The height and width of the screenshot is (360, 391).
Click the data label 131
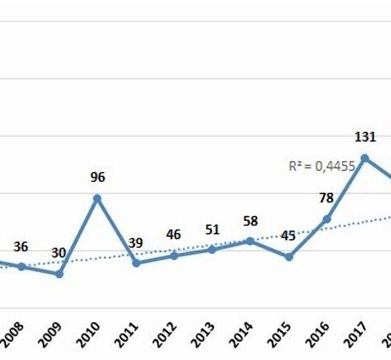click(x=365, y=137)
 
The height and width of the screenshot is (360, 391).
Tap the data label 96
click(x=98, y=178)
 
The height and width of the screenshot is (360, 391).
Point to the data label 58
click(x=250, y=220)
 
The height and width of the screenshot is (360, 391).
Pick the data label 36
click(x=21, y=247)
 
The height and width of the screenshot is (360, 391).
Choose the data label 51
click(x=212, y=229)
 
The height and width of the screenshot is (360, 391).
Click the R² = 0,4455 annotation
click(x=322, y=166)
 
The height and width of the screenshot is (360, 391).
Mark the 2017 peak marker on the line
click(x=365, y=157)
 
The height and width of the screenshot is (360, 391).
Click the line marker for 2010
click(x=97, y=198)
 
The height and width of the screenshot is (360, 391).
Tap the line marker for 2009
click(x=59, y=274)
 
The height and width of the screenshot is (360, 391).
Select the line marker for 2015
click(x=289, y=257)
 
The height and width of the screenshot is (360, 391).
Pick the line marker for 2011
click(x=136, y=263)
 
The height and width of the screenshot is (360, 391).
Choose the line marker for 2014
click(x=250, y=240)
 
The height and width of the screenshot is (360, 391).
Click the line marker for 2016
click(x=327, y=218)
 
